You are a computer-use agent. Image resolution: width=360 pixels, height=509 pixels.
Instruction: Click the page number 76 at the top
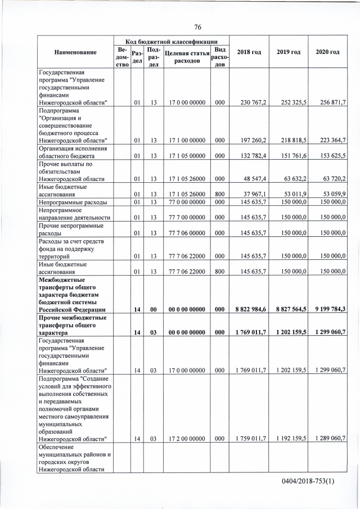point(197,27)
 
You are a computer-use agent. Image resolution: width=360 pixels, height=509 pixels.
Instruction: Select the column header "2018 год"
point(249,52)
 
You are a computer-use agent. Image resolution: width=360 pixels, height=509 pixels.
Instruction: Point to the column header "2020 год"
point(327,52)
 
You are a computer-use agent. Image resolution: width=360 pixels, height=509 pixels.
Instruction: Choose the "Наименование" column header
point(75,52)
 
